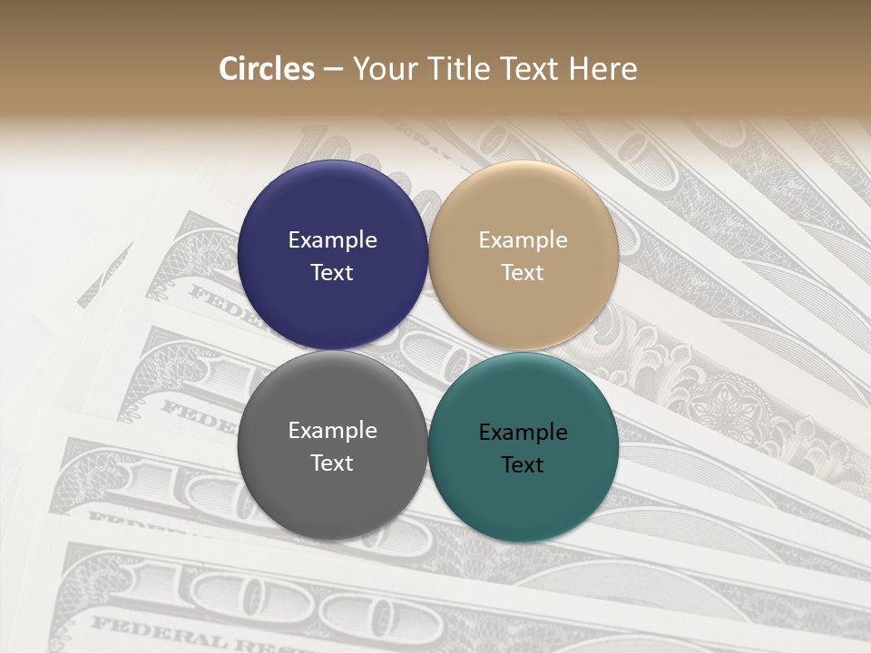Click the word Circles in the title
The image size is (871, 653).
click(x=266, y=69)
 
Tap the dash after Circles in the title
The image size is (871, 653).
click(x=333, y=70)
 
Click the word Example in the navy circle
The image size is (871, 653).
click(x=332, y=240)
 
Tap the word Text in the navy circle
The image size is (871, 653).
click(x=332, y=272)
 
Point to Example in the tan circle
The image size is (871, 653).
click(x=523, y=240)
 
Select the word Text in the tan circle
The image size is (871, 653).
click(x=523, y=272)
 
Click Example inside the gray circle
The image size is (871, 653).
click(x=332, y=431)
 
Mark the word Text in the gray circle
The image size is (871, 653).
click(x=332, y=463)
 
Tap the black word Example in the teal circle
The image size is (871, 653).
click(x=523, y=433)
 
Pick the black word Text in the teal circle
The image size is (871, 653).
click(x=523, y=464)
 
